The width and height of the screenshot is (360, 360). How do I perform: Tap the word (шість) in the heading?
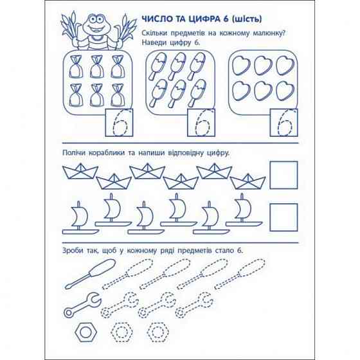247,19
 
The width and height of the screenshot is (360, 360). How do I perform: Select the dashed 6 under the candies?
120,123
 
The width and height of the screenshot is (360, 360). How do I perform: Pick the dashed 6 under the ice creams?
202,123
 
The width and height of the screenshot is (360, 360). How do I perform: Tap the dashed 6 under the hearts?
285,123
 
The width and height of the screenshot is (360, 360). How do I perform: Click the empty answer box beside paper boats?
283,175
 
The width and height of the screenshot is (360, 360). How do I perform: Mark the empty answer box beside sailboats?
283,217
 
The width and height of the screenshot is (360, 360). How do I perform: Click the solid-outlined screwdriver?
90,274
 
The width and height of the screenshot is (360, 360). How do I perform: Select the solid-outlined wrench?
82,305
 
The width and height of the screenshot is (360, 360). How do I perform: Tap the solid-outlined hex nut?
86,332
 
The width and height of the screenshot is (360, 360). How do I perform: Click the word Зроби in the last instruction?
73,250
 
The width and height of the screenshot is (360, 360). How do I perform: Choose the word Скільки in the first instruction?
154,33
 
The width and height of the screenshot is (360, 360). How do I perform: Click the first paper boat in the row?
80,171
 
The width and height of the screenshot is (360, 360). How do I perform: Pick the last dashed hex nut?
157,332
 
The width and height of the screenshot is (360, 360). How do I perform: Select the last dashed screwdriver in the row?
240,274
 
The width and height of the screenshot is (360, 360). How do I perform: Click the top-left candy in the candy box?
76,67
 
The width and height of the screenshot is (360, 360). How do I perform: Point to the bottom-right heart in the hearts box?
285,91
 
